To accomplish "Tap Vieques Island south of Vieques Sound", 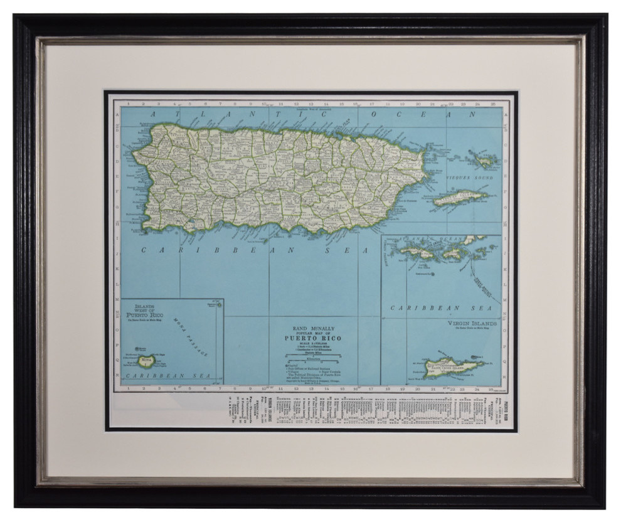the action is tap(461, 200).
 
